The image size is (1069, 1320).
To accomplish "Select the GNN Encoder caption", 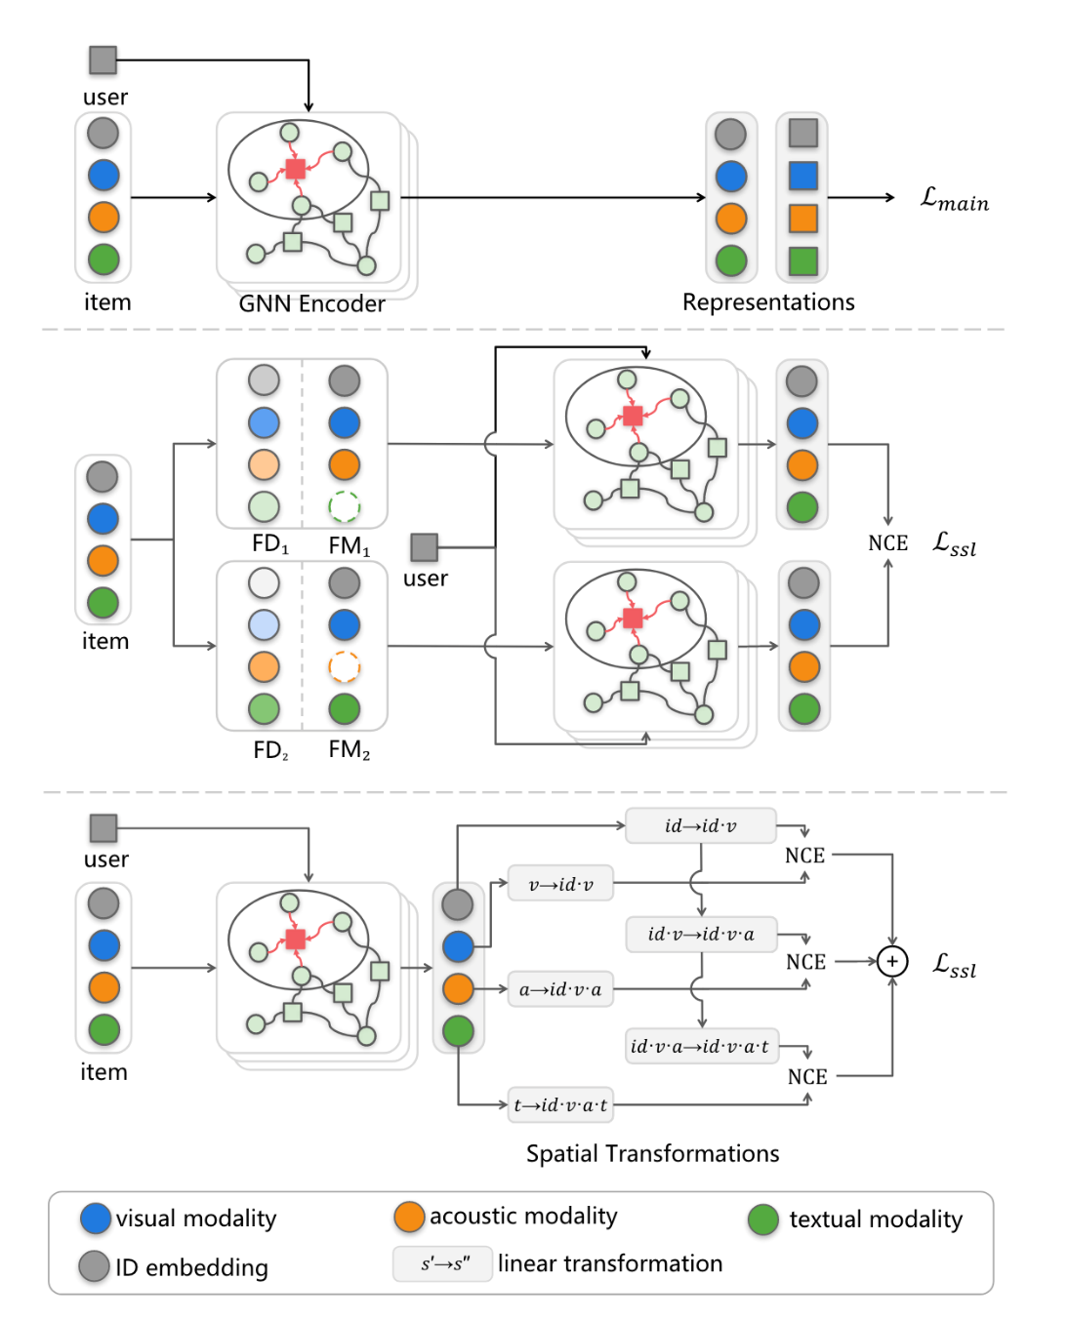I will point(311,303).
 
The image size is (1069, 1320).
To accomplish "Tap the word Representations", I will point(768,302).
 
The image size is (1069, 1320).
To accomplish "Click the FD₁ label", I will point(269,543).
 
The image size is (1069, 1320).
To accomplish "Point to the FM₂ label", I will point(349,749).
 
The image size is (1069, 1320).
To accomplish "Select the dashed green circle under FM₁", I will point(344,506).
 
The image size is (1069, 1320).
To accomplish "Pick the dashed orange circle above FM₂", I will point(344,666).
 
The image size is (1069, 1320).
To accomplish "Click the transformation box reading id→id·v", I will point(700,825).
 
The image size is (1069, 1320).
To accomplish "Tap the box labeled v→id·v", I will point(560,884).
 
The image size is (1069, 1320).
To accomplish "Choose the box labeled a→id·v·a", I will point(560,989).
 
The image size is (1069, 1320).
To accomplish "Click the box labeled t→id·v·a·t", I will point(560,1104).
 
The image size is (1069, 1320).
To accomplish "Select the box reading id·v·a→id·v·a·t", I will point(700,1046).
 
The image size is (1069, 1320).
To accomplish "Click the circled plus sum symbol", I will point(891,961).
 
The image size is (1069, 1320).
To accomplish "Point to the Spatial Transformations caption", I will point(652,1153).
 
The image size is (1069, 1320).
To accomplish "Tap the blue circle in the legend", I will point(96,1218).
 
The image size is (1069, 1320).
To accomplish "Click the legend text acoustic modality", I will point(523,1216).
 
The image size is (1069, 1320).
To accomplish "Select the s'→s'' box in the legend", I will point(443,1263).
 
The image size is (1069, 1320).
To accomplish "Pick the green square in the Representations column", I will point(802,260).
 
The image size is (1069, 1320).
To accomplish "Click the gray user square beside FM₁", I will point(424,546).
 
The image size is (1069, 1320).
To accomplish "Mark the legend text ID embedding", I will point(191,1267).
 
